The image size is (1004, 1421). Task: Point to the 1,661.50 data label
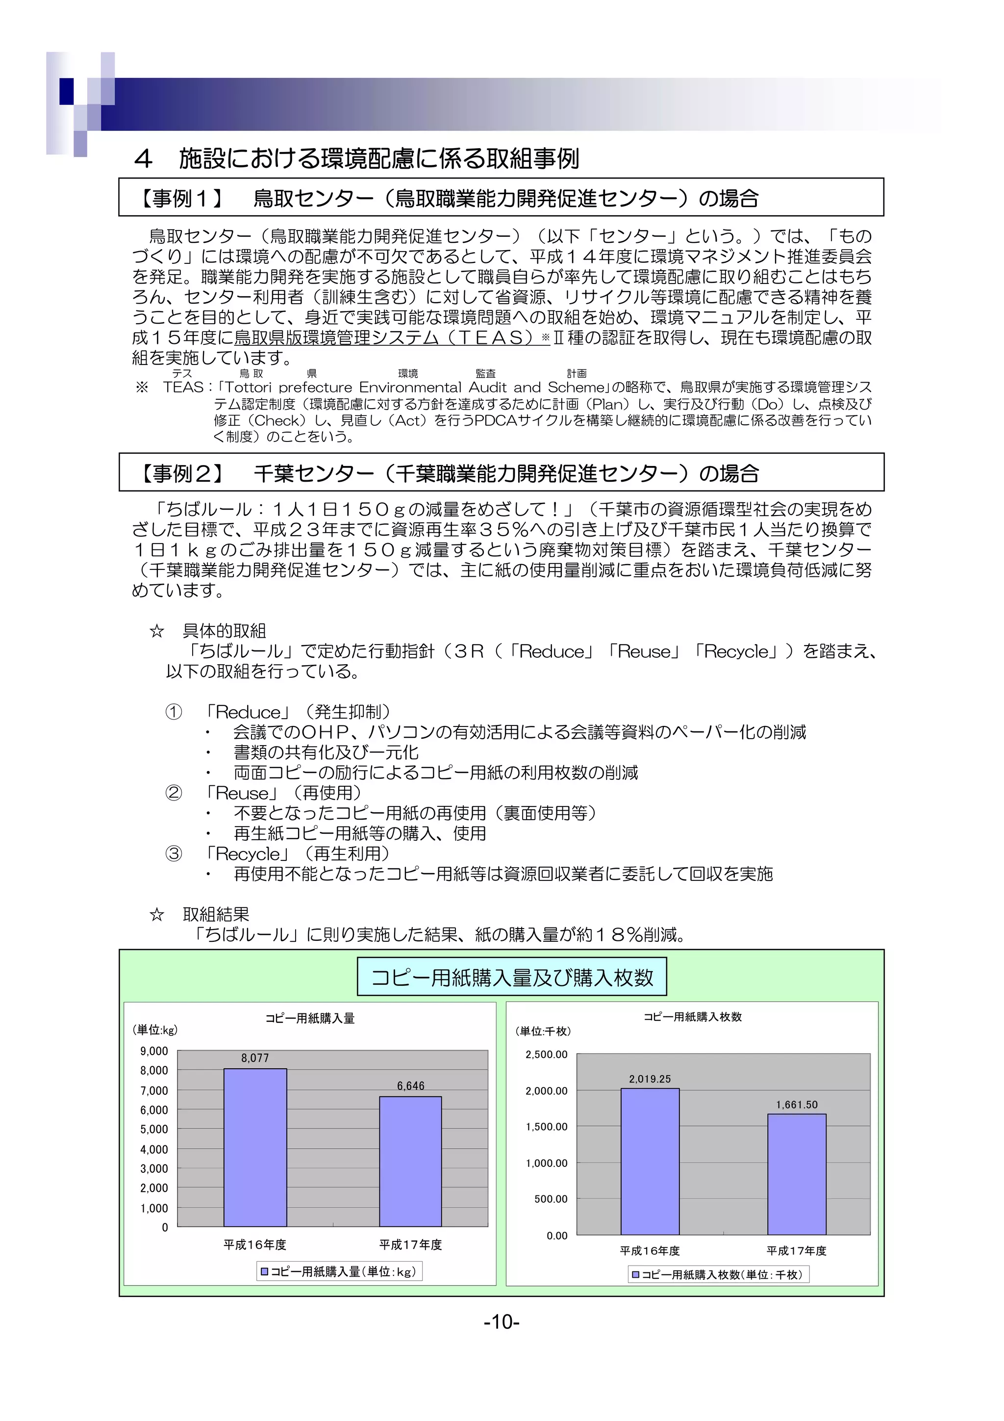[x=797, y=1105]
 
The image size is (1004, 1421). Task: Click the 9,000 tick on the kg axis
[x=154, y=1051]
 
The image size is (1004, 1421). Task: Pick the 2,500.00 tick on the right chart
[x=546, y=1055]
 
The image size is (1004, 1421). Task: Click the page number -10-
[x=502, y=1322]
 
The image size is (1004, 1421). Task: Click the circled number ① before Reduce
[x=174, y=712]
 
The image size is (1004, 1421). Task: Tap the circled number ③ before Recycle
[x=174, y=854]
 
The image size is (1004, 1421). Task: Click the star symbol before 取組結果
[x=157, y=915]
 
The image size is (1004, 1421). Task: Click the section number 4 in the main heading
[x=144, y=159]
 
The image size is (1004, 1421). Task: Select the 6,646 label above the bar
[x=410, y=1086]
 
